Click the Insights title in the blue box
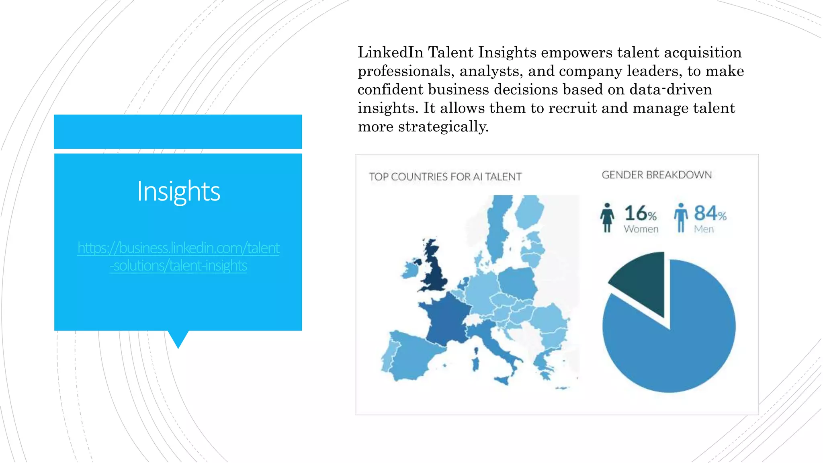click(x=178, y=191)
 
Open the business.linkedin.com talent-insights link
click(x=178, y=256)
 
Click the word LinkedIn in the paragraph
click(x=390, y=52)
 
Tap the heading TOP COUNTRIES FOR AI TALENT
click(x=445, y=177)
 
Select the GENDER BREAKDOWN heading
click(x=657, y=175)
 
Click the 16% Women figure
click(x=641, y=218)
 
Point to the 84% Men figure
click(x=710, y=218)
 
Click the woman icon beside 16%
click(x=607, y=217)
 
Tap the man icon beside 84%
click(x=680, y=217)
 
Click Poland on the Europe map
click(x=518, y=281)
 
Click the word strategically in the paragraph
click(x=443, y=127)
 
